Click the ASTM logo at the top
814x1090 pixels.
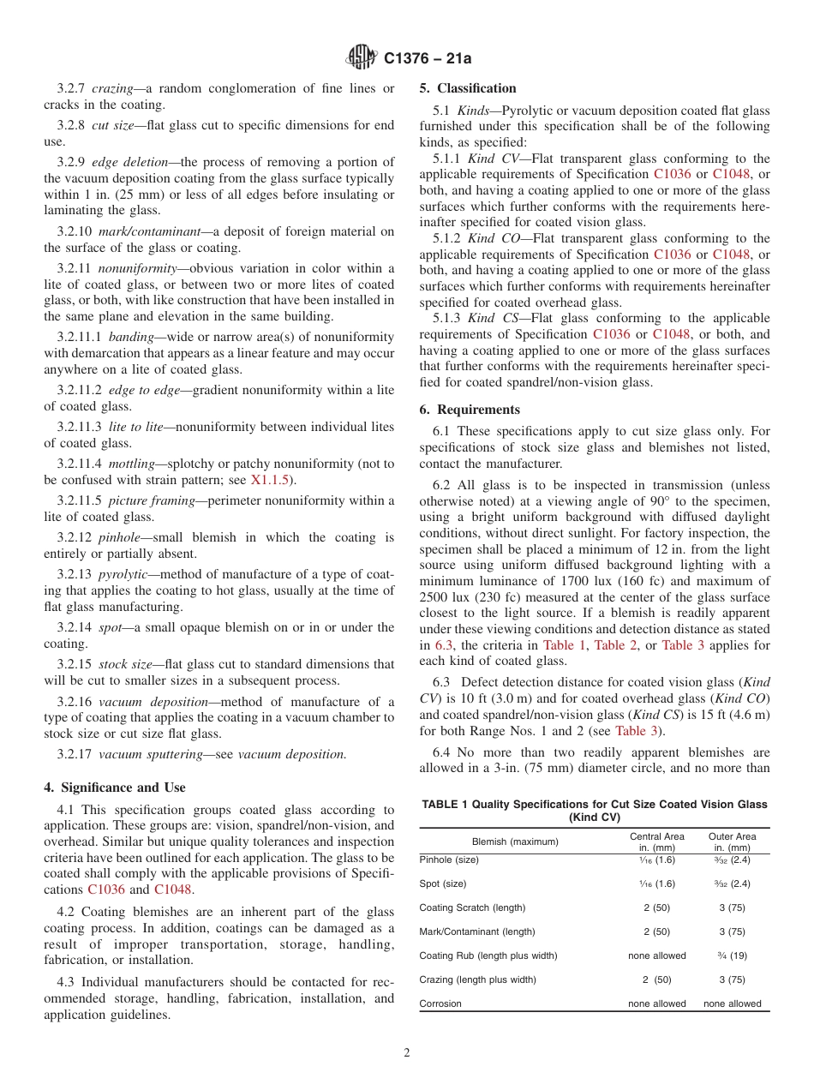pos(362,58)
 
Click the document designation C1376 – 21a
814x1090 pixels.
pos(428,59)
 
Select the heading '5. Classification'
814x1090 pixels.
pos(468,88)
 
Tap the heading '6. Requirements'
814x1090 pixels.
pos(470,410)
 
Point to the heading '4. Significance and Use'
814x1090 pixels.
pos(115,788)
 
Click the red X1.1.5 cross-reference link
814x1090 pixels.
pos(270,480)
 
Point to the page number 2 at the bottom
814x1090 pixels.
pos(407,1053)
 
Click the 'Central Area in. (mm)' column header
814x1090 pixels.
pos(656,841)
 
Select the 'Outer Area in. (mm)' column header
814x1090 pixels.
pos(732,841)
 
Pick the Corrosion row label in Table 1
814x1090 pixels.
pos(440,1003)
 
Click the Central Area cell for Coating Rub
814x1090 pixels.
pos(656,955)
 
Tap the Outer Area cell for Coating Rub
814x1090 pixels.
pos(732,955)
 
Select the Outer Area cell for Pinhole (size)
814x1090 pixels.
pos(732,859)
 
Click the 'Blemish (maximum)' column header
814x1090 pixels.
pos(515,841)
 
